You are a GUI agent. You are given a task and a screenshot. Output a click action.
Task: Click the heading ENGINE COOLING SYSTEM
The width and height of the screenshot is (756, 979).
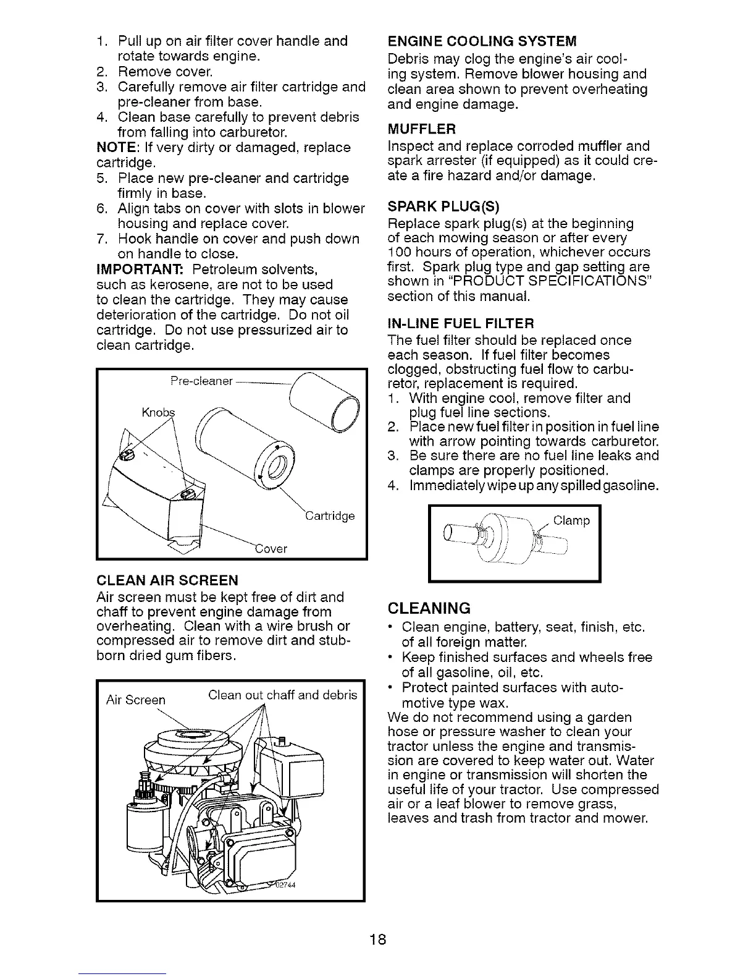[x=481, y=41]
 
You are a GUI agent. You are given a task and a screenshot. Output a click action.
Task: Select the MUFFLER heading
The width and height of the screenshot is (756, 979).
[x=422, y=129]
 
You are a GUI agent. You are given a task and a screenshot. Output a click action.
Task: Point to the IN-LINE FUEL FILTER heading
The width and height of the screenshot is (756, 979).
[x=460, y=323]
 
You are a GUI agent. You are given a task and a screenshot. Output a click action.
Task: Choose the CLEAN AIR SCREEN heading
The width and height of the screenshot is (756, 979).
[x=167, y=580]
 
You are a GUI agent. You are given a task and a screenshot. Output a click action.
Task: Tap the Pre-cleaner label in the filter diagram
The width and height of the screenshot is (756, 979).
[x=201, y=381]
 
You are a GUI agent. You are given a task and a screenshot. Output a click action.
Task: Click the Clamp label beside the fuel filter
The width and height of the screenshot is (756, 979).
[x=571, y=521]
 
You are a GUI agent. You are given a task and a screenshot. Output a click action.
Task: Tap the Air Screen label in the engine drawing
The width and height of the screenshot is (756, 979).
[x=136, y=700]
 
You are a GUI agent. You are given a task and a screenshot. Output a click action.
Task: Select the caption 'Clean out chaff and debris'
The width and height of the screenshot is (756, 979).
[x=283, y=695]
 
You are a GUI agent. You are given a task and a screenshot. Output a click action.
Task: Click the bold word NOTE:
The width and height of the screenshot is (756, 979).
[x=117, y=148]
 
